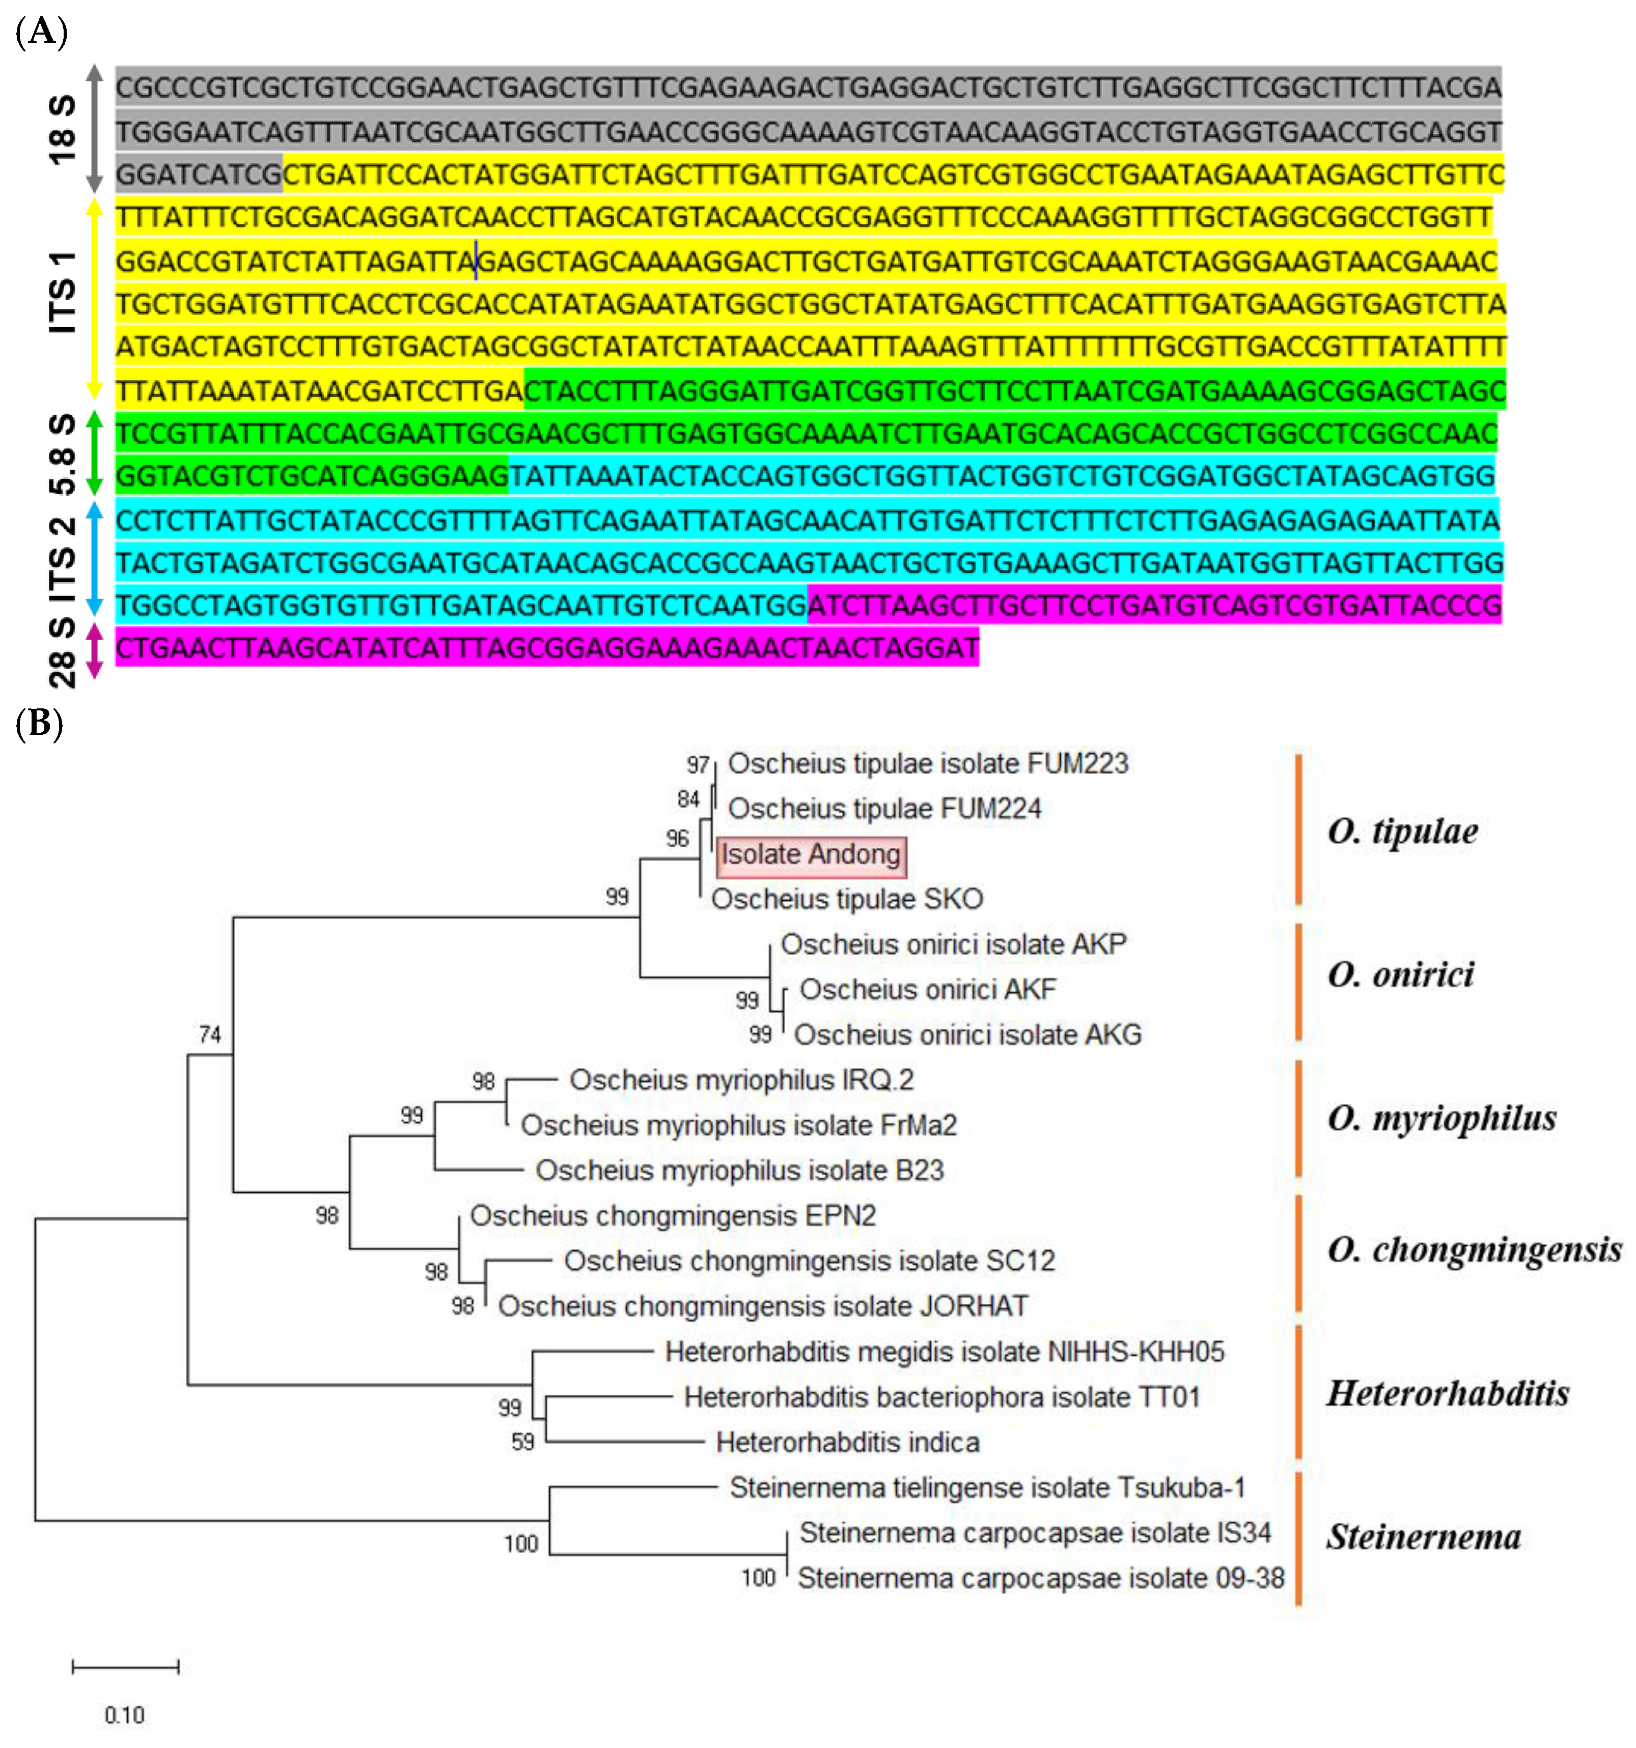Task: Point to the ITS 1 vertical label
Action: [62, 292]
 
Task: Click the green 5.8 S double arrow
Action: [94, 453]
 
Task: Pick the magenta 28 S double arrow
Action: [94, 651]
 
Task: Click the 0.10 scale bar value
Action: [124, 1714]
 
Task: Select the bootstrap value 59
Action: [522, 1442]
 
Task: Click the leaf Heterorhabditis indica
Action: [847, 1442]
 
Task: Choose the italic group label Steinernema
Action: [1423, 1537]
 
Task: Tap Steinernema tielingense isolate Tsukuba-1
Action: [987, 1488]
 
